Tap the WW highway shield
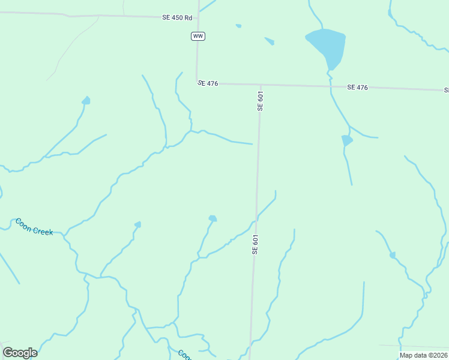point(197,37)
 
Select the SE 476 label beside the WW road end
point(208,83)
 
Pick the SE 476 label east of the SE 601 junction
point(357,88)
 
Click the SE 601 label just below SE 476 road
point(260,101)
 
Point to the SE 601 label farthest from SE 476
point(255,245)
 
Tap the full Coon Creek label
point(34,226)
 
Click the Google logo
point(20,352)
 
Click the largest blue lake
point(328,44)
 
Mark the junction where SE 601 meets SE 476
point(261,85)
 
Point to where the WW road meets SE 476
point(197,83)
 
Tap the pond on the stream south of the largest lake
point(346,140)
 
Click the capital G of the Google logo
point(8,352)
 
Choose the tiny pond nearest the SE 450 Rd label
point(238,26)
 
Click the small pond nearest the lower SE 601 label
point(212,218)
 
